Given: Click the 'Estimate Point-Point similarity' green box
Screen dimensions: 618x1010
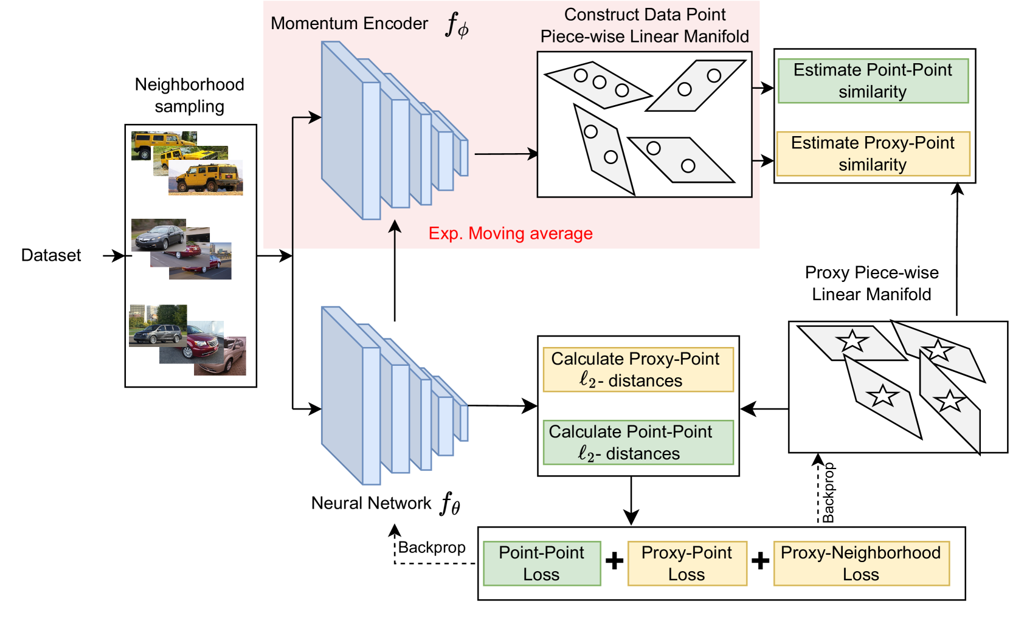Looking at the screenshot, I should click(x=873, y=81).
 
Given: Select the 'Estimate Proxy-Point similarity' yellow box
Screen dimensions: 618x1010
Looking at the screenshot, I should click(x=873, y=154).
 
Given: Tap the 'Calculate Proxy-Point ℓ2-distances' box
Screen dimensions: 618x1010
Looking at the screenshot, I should click(x=638, y=369).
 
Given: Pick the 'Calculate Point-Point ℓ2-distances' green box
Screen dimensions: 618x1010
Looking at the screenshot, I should click(x=638, y=442).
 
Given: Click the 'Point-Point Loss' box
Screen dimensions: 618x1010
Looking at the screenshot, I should click(x=542, y=563).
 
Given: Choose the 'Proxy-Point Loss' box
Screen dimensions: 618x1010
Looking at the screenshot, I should click(x=687, y=563).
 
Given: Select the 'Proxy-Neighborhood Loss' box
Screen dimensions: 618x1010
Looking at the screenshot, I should click(x=861, y=563).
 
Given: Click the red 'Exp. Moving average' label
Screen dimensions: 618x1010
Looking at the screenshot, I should click(x=510, y=233).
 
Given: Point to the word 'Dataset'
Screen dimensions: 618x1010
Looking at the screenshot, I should click(x=51, y=255).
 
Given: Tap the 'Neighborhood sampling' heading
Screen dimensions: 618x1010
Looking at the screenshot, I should click(x=190, y=95).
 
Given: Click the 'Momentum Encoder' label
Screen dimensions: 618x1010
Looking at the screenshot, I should click(x=350, y=24).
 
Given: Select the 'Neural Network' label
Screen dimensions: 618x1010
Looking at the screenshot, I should click(x=371, y=503).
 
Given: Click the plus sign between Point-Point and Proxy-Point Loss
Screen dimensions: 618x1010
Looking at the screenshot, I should click(x=614, y=560).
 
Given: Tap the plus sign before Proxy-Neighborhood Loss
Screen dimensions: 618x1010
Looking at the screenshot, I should click(x=760, y=560).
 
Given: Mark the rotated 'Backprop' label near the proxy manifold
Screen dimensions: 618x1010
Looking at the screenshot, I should click(x=828, y=493).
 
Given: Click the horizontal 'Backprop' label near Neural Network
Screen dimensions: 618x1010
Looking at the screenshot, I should click(x=432, y=548).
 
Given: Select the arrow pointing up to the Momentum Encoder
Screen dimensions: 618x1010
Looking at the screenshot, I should click(x=395, y=270).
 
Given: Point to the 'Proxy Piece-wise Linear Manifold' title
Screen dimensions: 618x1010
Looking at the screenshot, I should click(x=871, y=283).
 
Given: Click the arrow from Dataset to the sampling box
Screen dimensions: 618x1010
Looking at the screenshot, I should click(x=114, y=256).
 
